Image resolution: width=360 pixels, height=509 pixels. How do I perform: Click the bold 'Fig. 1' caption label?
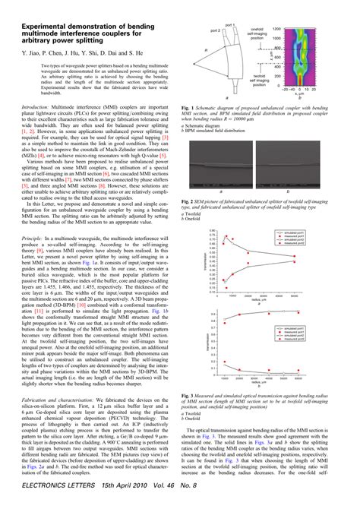191,109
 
